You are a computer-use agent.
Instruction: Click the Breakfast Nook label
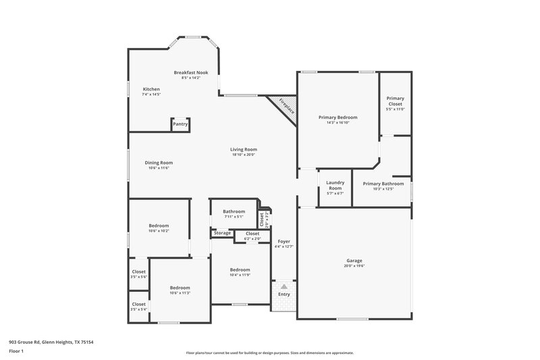tap(191, 72)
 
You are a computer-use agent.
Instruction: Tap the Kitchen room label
tap(151, 89)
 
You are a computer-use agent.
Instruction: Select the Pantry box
tap(180, 124)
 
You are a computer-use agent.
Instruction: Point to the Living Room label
tap(243, 149)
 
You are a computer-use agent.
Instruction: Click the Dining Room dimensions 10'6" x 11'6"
tap(159, 168)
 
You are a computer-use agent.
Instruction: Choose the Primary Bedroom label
tap(337, 117)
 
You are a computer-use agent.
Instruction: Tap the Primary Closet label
tap(395, 101)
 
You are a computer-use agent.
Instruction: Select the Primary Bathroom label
tap(383, 184)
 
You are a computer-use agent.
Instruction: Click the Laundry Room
tap(335, 186)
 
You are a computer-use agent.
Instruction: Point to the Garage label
tap(354, 261)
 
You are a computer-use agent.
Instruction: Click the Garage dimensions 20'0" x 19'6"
tap(354, 266)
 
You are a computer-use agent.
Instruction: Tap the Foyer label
tap(283, 241)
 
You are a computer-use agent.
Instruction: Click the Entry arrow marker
tap(284, 286)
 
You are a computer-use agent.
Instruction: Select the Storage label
tap(222, 233)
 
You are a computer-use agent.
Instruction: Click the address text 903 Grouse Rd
tap(34, 342)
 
